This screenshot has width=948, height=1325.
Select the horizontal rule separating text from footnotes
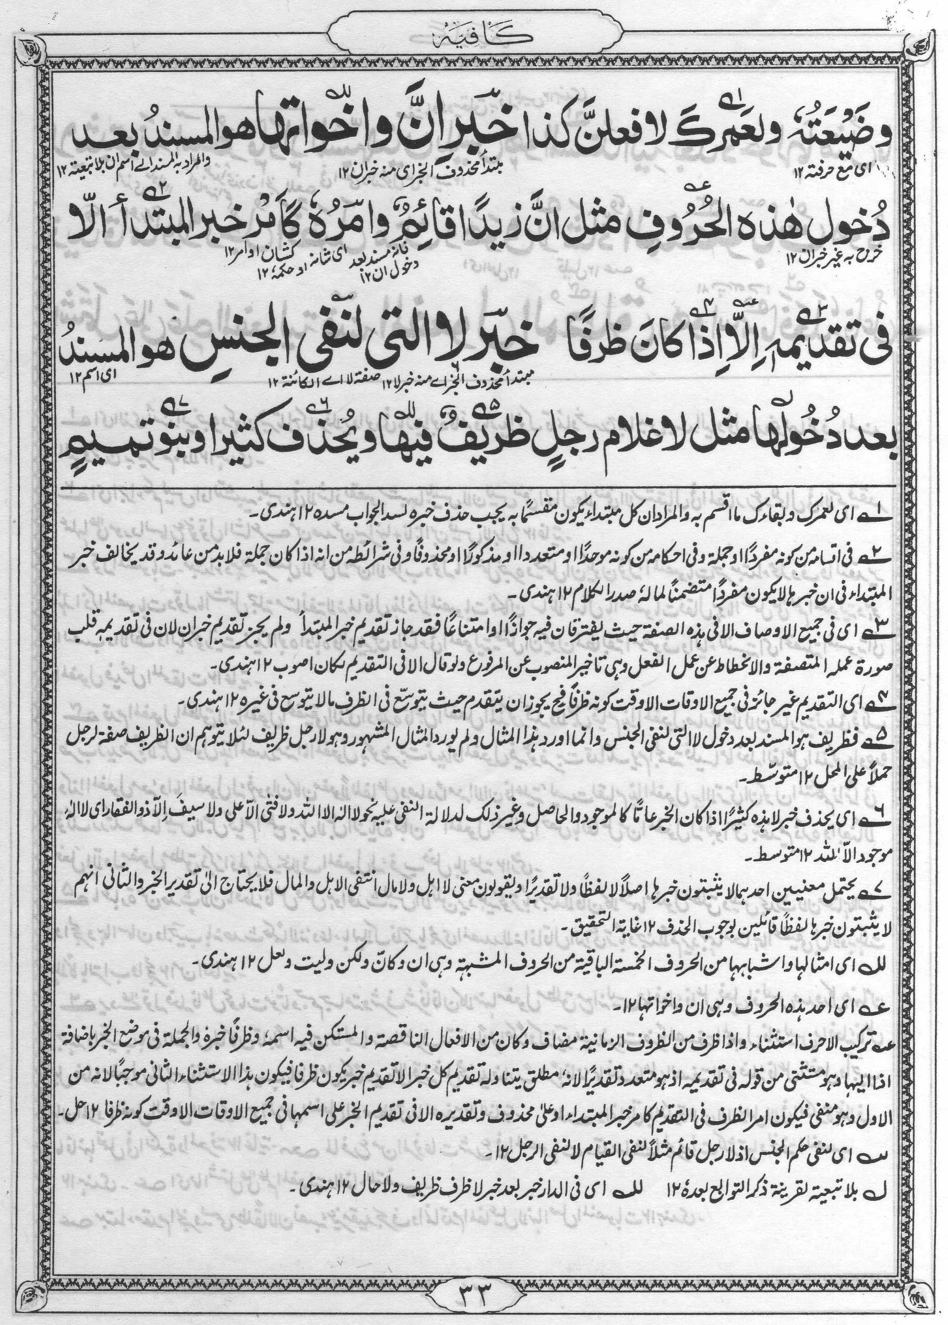click(x=474, y=486)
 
